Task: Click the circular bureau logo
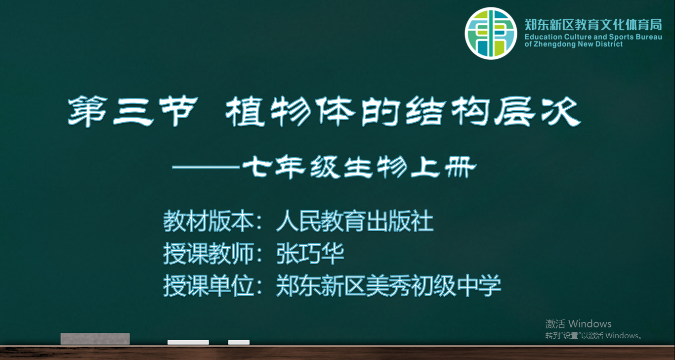coord(491,33)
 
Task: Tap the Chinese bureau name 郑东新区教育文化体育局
coord(593,25)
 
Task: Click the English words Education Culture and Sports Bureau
coord(593,37)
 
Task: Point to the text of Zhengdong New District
coord(573,45)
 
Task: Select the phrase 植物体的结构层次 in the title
coord(403,111)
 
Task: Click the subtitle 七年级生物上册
coord(359,167)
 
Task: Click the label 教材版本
coord(208,221)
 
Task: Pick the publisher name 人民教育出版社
coord(355,221)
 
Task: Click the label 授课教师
coord(208,254)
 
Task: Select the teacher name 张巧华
coord(310,254)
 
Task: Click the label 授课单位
coord(208,285)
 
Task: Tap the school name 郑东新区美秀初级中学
coord(388,285)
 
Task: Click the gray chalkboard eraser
coord(95,339)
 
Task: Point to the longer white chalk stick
coord(188,342)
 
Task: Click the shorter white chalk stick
coord(239,342)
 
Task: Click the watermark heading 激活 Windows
coord(578,324)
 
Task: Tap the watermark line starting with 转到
coord(593,336)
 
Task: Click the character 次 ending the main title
coord(561,111)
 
